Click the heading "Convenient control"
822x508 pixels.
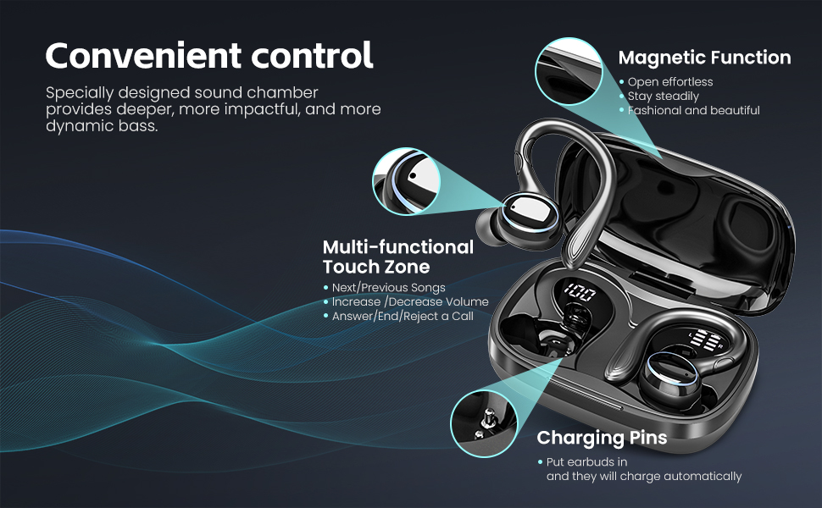click(x=209, y=56)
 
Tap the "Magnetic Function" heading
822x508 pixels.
click(x=704, y=57)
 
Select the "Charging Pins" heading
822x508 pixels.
click(x=602, y=437)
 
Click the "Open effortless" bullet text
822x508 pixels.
click(x=670, y=81)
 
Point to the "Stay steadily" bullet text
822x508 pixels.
click(x=664, y=96)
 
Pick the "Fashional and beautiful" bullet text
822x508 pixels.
click(x=693, y=110)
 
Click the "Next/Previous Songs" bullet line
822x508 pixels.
click(x=388, y=288)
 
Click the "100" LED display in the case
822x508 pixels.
click(x=580, y=292)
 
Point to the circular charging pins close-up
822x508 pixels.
click(x=484, y=423)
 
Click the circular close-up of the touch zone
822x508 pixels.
click(x=406, y=181)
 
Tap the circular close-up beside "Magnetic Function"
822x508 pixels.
click(x=569, y=71)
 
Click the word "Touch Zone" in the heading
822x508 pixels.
click(x=376, y=267)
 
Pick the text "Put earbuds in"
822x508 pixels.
click(x=586, y=462)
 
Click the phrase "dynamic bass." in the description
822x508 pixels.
click(x=102, y=125)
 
